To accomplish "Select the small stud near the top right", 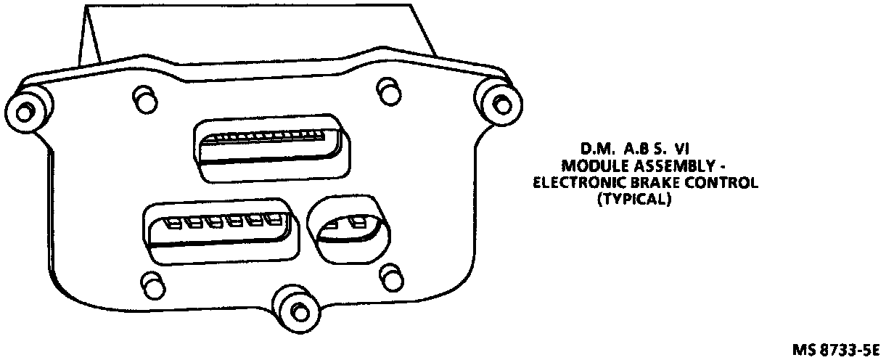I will click(x=387, y=90).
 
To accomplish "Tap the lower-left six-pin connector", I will click(x=221, y=231).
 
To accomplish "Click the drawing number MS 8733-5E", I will click(x=840, y=350).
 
